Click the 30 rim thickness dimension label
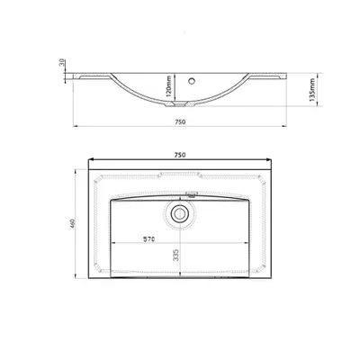pos(62,63)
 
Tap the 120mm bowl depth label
pos(168,86)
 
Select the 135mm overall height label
pos(312,90)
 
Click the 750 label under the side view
pos(180,121)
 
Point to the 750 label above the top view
pos(180,155)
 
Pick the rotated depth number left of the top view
pos(72,223)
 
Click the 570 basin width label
pos(148,239)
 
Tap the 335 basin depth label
pos(176,255)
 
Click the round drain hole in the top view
pos(179,213)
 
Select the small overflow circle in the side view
pos(192,80)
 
